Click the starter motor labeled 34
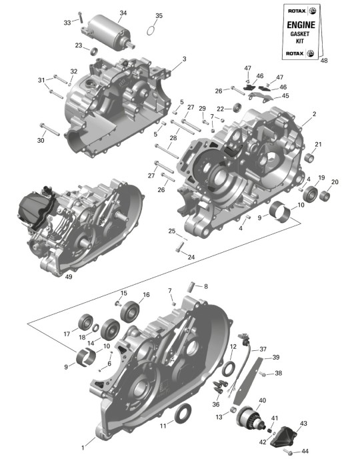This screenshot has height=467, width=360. tap(108, 32)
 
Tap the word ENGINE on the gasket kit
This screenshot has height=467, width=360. tap(301, 25)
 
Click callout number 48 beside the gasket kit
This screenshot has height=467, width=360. tap(324, 61)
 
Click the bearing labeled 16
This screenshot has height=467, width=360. tap(130, 312)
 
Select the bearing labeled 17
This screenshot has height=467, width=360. tap(85, 322)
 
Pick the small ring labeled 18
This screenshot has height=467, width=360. tap(95, 328)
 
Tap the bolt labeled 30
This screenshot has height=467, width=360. tap(49, 129)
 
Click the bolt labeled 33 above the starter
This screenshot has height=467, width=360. tap(80, 17)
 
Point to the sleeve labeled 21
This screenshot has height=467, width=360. tap(310, 157)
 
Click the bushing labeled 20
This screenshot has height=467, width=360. tap(325, 195)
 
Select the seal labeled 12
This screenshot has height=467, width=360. tap(228, 368)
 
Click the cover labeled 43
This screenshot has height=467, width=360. tap(283, 436)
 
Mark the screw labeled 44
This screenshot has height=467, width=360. tap(288, 452)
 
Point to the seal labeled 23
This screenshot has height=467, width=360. tap(94, 51)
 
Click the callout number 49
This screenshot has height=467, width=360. tap(69, 277)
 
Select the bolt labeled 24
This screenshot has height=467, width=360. tap(180, 247)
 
